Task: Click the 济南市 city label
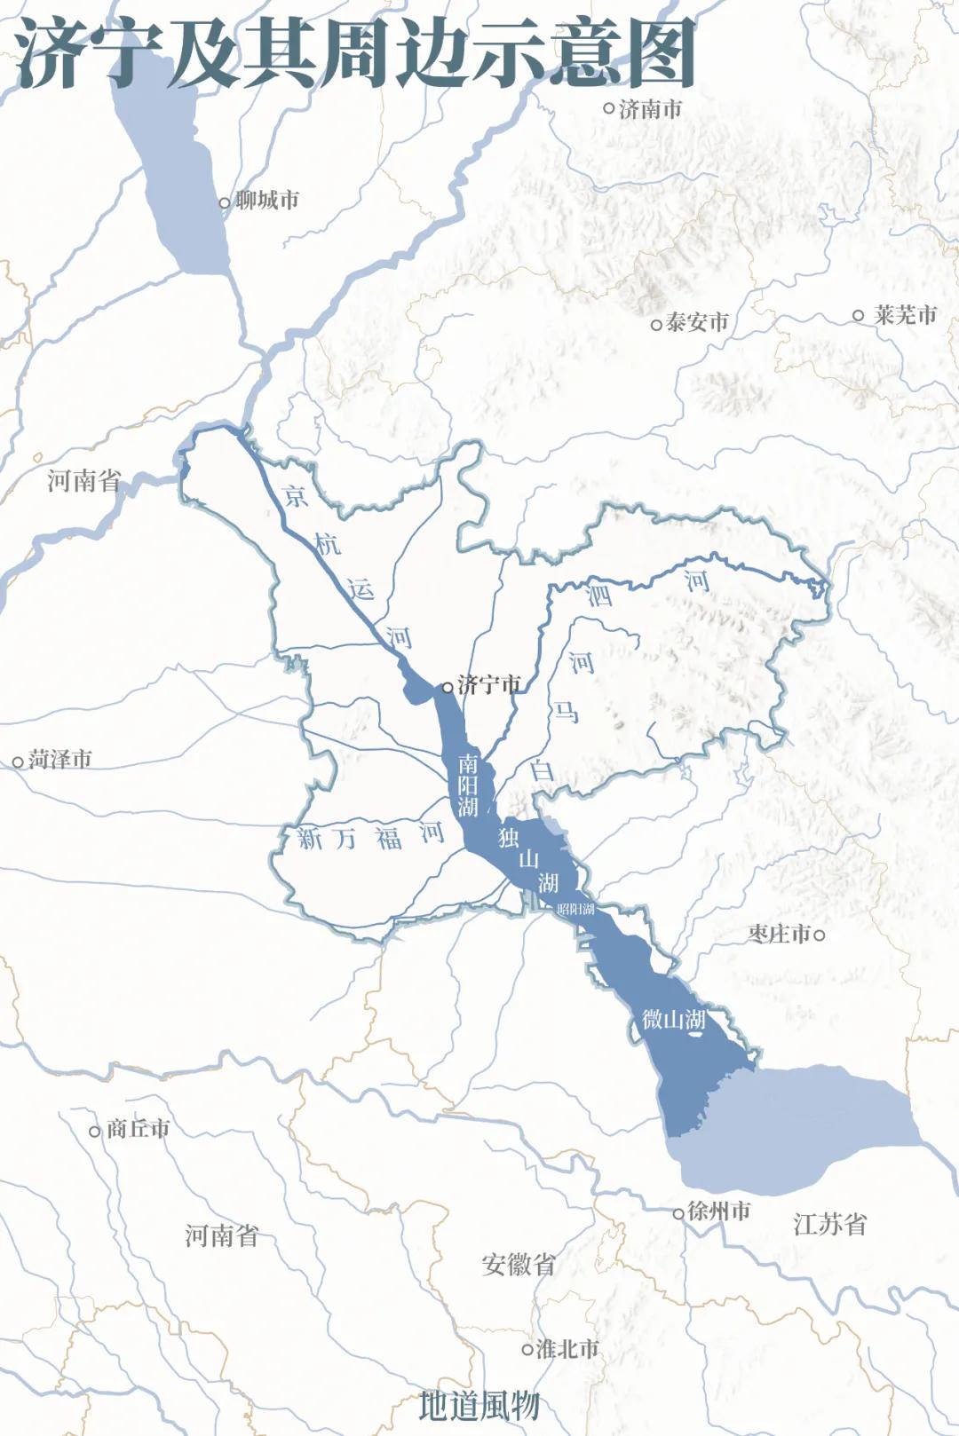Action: click(x=651, y=109)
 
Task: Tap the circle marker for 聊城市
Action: click(x=225, y=203)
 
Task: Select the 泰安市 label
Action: click(x=697, y=322)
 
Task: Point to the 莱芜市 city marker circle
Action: click(x=858, y=315)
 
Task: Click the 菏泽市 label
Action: click(x=60, y=760)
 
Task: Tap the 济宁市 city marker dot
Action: click(x=448, y=687)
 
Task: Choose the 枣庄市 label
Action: click(x=780, y=934)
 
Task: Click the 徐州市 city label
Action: click(x=719, y=1211)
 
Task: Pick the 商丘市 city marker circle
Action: click(x=95, y=1132)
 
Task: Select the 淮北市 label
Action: click(x=568, y=1349)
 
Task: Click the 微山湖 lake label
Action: click(x=674, y=1019)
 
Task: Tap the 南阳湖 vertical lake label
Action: click(x=468, y=785)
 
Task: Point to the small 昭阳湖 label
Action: click(x=575, y=909)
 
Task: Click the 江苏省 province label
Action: click(x=830, y=1225)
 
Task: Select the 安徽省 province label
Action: click(x=519, y=1265)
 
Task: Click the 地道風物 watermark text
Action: click(x=479, y=1405)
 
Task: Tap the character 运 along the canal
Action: click(x=361, y=588)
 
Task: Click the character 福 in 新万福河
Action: click(x=388, y=838)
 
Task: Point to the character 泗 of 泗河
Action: click(x=600, y=594)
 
